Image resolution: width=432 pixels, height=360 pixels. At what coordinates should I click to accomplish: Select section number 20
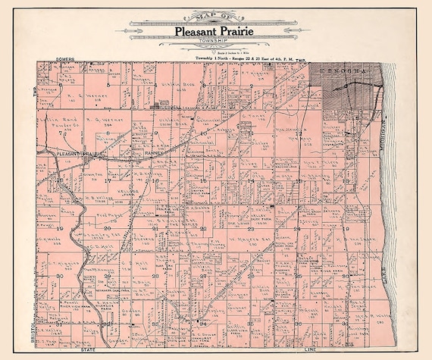pos(107,227)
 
